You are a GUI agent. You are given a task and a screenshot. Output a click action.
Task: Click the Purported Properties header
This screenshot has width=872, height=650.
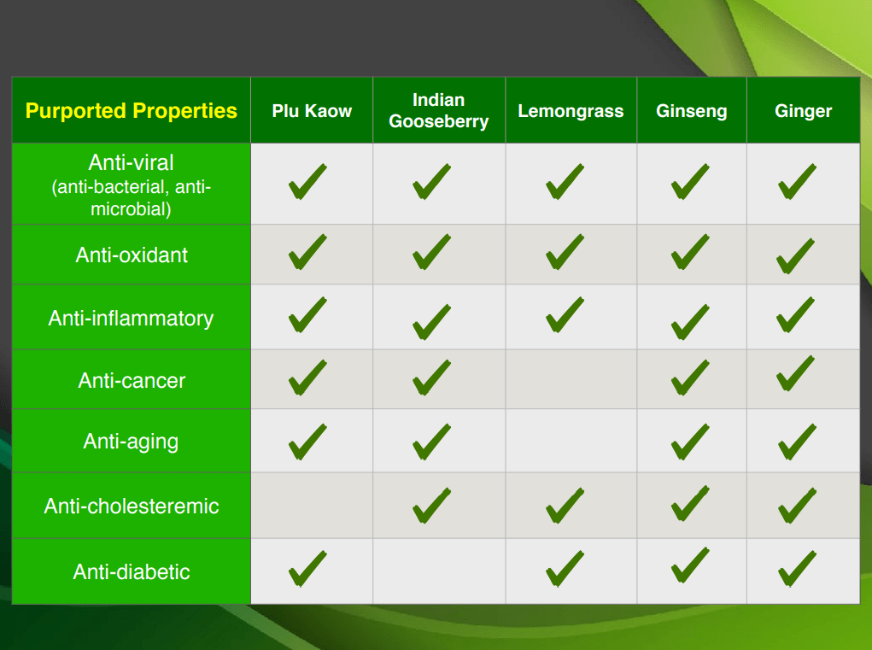point(132,111)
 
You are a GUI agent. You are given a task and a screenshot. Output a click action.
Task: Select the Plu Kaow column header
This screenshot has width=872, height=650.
point(312,111)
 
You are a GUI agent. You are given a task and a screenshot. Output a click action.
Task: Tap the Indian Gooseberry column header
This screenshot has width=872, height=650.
point(439,111)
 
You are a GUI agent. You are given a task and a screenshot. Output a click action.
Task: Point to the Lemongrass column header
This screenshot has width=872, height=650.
point(571,111)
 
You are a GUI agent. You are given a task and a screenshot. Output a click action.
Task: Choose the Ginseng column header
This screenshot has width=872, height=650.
point(691,111)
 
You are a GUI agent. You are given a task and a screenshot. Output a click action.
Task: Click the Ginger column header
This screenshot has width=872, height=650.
point(803,111)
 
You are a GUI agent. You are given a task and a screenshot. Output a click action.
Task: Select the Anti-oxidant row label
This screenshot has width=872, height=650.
point(132,255)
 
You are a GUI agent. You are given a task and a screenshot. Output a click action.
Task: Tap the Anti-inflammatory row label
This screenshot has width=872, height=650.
point(132,318)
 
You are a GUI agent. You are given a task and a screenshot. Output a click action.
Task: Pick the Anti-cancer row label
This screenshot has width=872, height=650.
point(132,380)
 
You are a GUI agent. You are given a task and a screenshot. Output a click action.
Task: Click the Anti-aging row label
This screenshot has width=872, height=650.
point(132,442)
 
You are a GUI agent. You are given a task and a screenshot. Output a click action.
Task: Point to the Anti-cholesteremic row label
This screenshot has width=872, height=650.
point(132,506)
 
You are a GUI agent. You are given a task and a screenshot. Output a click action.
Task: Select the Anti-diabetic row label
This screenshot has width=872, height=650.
point(132,571)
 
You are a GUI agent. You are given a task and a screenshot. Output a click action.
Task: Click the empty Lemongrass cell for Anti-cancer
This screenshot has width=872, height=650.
point(571,379)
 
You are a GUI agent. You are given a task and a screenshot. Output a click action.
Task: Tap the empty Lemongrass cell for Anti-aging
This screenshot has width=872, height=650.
point(571,441)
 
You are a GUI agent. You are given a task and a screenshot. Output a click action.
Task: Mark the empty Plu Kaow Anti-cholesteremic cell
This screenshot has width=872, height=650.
point(312,506)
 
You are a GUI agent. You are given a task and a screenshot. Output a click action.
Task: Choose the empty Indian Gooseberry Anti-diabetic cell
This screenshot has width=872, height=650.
point(439,571)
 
